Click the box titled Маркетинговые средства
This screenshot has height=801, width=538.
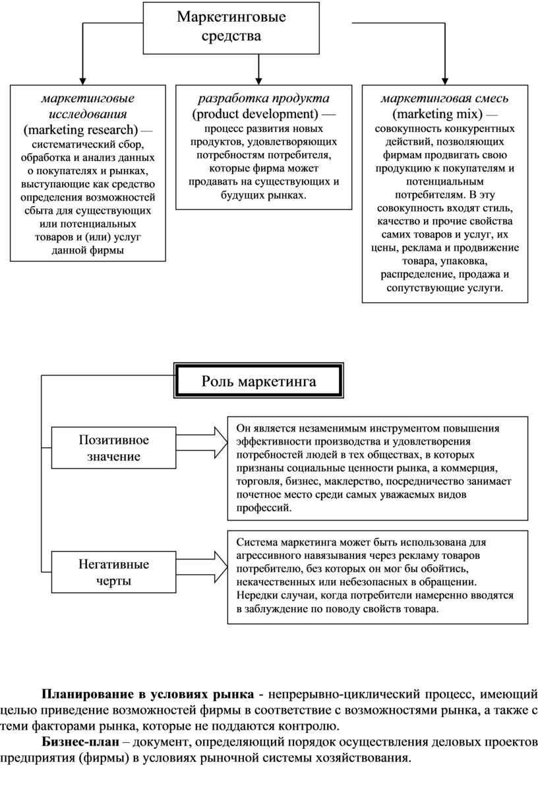pos(231,27)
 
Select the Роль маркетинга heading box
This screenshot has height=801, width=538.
pos(258,381)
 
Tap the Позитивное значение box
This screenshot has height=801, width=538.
pos(114,447)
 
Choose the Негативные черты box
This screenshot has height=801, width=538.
pos(114,571)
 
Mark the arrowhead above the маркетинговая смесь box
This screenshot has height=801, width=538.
pos(445,79)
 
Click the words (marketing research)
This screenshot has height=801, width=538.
pos(80,128)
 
